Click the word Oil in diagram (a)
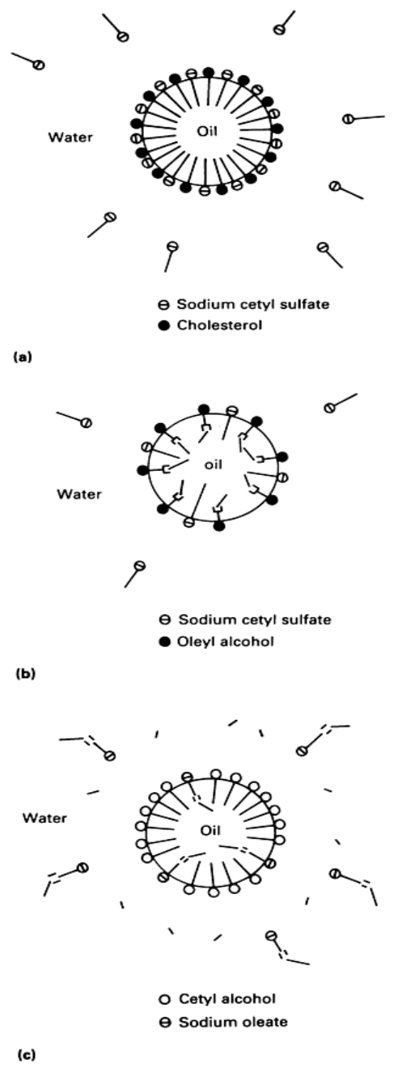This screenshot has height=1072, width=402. [207, 130]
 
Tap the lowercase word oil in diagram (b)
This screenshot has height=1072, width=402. [214, 464]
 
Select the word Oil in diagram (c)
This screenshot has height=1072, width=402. [210, 830]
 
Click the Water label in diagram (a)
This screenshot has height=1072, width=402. [70, 138]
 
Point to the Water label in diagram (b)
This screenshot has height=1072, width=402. [79, 494]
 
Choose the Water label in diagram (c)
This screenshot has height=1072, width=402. [44, 817]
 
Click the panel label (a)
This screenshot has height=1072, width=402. [23, 356]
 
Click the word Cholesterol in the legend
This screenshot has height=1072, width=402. [220, 325]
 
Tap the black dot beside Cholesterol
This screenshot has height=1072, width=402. [164, 326]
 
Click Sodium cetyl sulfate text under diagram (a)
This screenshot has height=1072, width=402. [253, 304]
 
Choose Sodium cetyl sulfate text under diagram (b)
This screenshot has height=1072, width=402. [255, 619]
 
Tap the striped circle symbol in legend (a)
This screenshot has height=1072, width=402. [164, 304]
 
